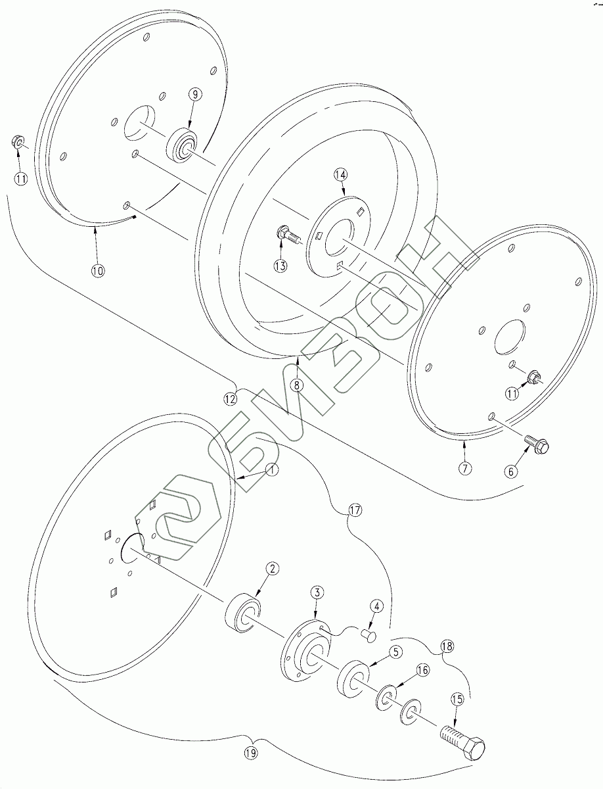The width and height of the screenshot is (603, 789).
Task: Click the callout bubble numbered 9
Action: [x=195, y=95]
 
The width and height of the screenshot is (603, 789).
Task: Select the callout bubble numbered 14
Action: [x=340, y=175]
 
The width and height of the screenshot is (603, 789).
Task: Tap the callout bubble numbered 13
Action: [x=280, y=266]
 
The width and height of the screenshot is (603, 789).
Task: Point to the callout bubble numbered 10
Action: [x=98, y=270]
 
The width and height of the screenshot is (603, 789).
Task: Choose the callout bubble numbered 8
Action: [x=297, y=386]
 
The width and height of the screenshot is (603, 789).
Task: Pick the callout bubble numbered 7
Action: [x=465, y=469]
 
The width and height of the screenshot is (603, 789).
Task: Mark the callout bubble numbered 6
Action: [x=512, y=471]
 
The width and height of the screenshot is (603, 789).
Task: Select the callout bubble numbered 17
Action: [x=355, y=510]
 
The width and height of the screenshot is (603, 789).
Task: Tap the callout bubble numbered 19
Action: [x=252, y=752]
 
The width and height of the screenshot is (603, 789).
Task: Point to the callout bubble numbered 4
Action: [x=376, y=607]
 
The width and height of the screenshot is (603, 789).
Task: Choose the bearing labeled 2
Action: [x=243, y=613]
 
